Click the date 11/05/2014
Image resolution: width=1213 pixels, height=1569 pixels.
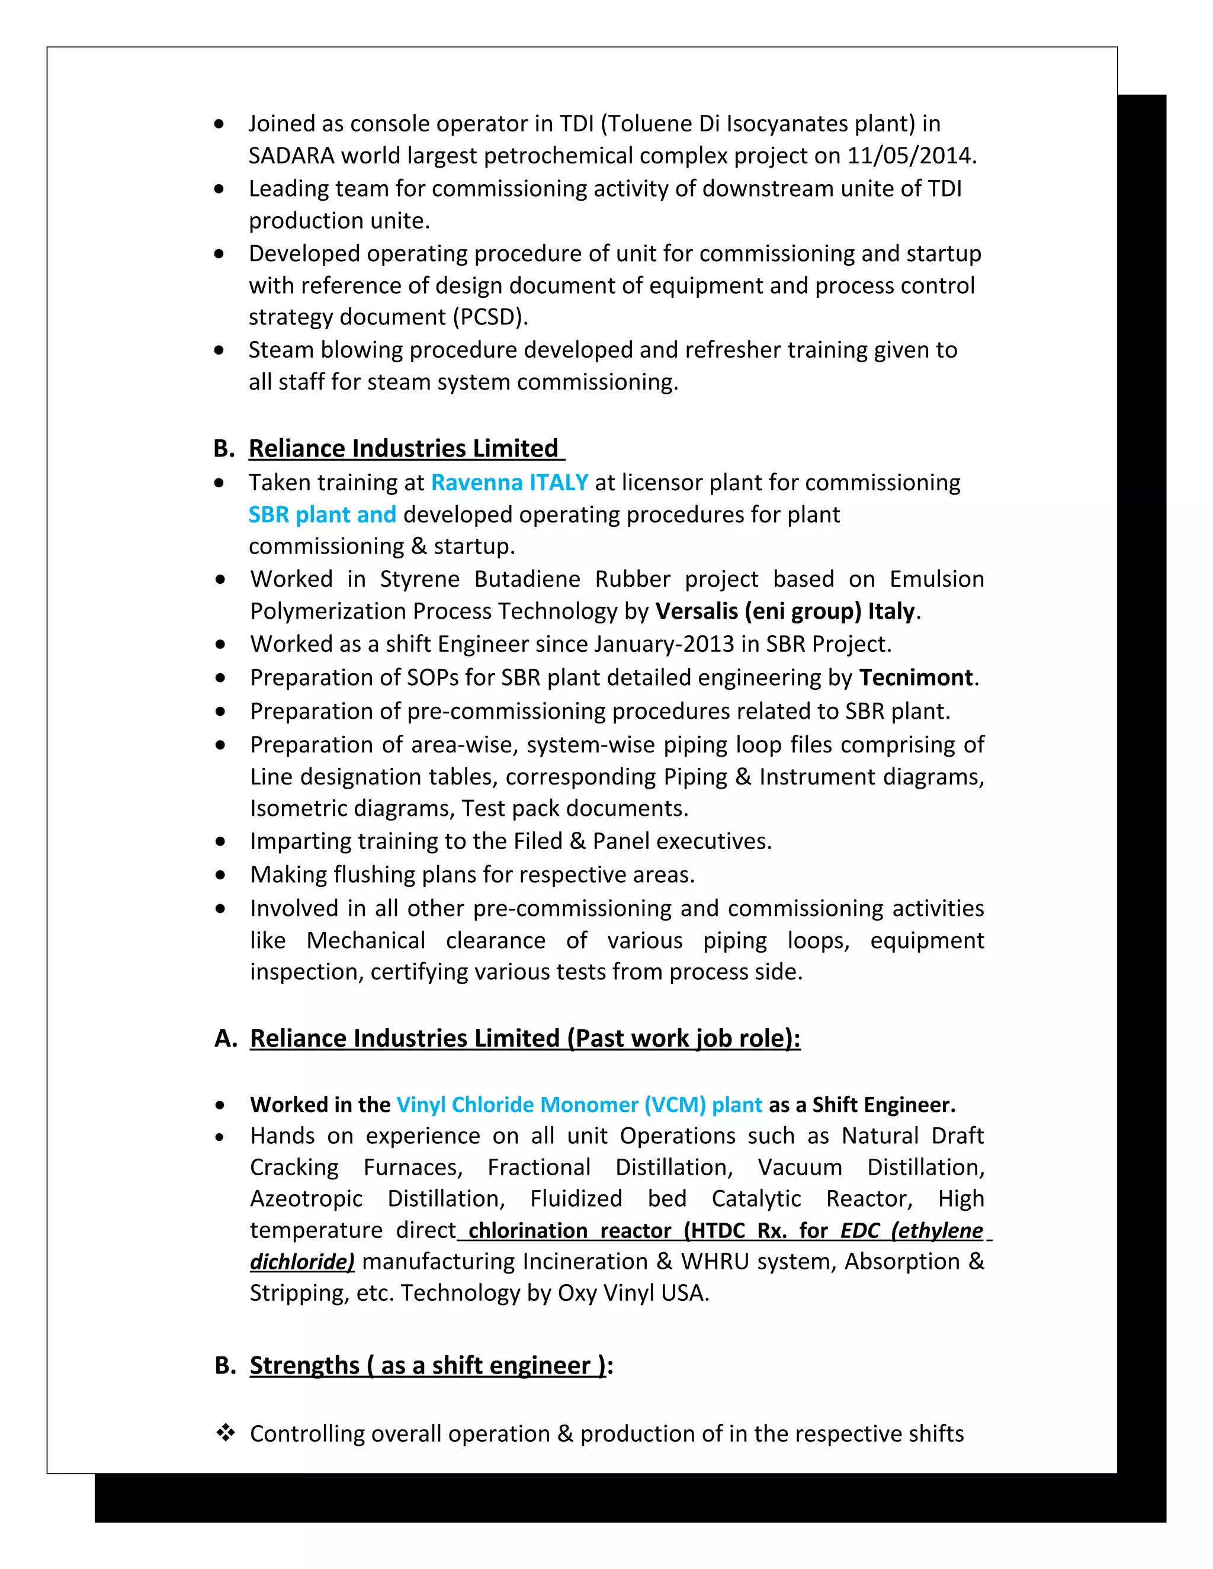pyautogui.click(x=910, y=156)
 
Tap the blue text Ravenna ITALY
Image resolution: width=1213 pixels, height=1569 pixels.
pyautogui.click(x=509, y=483)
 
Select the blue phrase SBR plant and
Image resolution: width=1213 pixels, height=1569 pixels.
pyautogui.click(x=322, y=515)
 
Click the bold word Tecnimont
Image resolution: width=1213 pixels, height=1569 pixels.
pyautogui.click(x=916, y=677)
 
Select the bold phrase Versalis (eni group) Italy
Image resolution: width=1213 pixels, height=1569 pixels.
pyautogui.click(x=785, y=612)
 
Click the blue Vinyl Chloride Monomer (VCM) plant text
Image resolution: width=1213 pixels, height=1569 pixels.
pyautogui.click(x=579, y=1105)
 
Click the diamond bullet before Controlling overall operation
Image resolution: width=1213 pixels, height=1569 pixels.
pyautogui.click(x=226, y=1433)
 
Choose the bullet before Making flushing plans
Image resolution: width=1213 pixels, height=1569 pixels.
pyautogui.click(x=220, y=875)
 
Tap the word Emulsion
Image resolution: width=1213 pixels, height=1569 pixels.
pyautogui.click(x=936, y=579)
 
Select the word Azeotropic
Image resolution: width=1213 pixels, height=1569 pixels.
pyautogui.click(x=306, y=1198)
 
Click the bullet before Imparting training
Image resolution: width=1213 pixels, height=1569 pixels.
pyautogui.click(x=220, y=842)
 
